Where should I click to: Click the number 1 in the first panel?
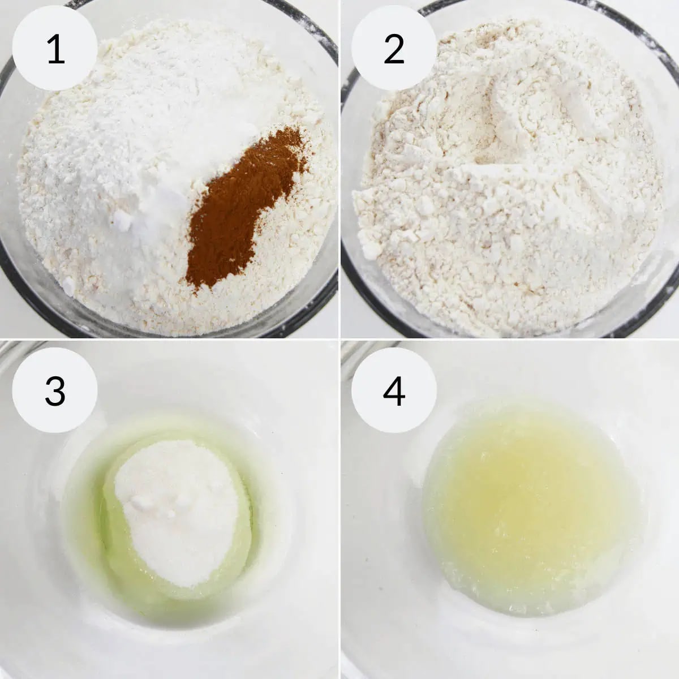(x=55, y=49)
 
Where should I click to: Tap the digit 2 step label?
(x=394, y=49)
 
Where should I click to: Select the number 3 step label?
(x=55, y=390)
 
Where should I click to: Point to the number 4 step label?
(x=394, y=390)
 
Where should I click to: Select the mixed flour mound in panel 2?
(x=508, y=176)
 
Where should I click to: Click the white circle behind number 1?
(x=55, y=48)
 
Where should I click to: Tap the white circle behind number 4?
(x=394, y=390)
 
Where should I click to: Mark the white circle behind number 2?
(x=394, y=48)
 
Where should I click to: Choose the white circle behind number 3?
(x=55, y=390)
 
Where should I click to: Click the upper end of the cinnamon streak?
(x=293, y=132)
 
